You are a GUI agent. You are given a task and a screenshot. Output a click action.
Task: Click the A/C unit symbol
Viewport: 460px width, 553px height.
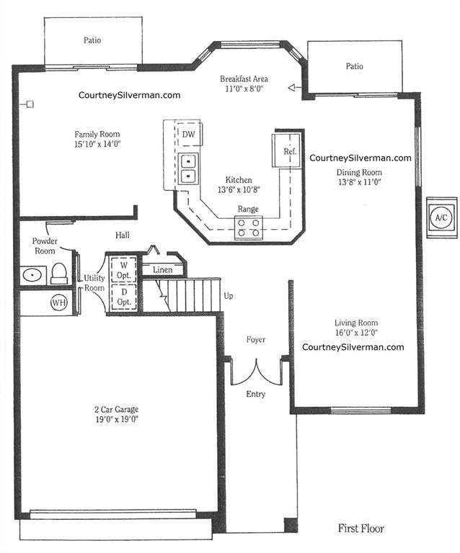[441, 217]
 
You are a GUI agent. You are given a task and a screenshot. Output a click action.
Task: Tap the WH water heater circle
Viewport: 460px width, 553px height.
[59, 302]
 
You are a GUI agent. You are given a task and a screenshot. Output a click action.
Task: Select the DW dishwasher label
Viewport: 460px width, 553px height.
[188, 134]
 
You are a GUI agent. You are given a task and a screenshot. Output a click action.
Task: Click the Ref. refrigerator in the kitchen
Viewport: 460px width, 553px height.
[287, 150]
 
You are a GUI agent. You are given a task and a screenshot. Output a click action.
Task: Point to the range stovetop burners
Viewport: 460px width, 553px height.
[249, 228]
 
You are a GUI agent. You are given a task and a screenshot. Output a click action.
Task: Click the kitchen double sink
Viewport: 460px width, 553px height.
[188, 168]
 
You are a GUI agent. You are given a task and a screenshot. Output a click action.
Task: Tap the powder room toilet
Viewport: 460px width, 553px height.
[59, 274]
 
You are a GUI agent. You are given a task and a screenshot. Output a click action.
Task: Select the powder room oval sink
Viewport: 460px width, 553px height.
[33, 275]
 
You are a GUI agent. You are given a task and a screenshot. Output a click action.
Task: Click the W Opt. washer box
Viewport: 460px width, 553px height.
[124, 270]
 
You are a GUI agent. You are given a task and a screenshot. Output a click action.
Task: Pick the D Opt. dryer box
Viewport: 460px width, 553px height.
[124, 297]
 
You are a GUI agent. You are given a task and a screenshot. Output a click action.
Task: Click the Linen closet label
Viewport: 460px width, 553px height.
[163, 270]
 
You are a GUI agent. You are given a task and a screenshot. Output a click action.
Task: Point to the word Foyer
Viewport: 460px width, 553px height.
[256, 340]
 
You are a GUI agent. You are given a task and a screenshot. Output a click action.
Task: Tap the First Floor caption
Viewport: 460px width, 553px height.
[361, 529]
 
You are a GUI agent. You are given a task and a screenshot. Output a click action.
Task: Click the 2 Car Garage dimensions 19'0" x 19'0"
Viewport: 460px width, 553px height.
[117, 419]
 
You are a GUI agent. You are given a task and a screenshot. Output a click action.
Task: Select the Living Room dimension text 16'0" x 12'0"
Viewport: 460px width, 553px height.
[357, 333]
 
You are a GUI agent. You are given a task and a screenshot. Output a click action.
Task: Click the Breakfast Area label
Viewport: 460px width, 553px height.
[244, 78]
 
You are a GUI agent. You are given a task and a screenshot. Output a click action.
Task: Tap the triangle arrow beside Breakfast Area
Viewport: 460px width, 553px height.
[291, 87]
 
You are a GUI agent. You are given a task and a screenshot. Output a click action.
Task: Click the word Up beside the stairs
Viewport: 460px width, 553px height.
[229, 296]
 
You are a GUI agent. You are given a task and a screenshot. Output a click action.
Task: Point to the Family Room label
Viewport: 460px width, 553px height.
[97, 134]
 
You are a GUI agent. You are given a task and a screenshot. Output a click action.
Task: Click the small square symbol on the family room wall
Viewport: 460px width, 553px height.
[30, 104]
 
